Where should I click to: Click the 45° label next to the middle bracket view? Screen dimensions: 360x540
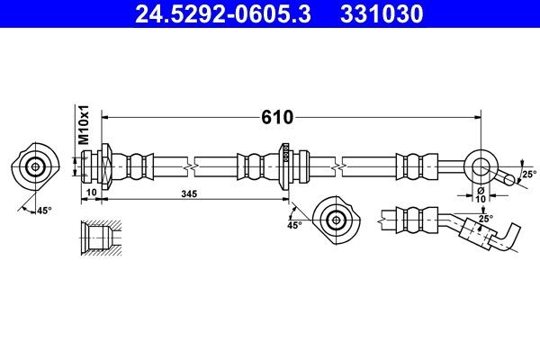click(x=294, y=225)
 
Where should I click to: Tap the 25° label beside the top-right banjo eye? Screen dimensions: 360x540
click(x=528, y=174)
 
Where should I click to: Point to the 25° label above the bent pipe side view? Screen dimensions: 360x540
click(x=485, y=219)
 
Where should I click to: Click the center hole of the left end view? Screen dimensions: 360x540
click(x=36, y=166)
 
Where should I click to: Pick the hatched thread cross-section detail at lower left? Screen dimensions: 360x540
click(x=98, y=238)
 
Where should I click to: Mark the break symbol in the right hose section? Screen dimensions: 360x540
click(x=340, y=166)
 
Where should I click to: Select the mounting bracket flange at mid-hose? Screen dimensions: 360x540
click(x=286, y=166)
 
